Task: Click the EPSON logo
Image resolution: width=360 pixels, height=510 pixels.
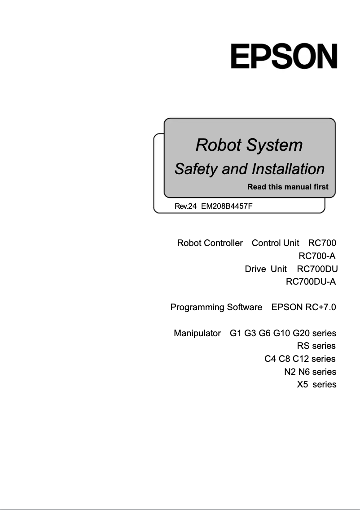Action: tap(284, 56)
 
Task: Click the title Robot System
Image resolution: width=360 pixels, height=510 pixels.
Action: tap(249, 145)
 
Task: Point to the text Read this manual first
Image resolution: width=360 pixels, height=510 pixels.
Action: tap(288, 187)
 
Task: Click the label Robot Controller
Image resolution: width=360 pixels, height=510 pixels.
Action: tap(210, 243)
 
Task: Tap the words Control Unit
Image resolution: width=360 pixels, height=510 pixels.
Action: tap(275, 243)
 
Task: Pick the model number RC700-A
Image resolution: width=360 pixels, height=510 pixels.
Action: tap(317, 256)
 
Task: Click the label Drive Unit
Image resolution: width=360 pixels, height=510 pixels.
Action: tap(265, 269)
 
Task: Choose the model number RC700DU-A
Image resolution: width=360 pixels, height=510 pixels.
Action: tap(311, 282)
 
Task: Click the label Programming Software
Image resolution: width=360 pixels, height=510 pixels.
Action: tap(216, 308)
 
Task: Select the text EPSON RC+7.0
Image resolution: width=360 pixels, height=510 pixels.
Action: tap(303, 308)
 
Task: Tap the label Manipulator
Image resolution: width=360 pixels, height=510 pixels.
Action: tap(197, 333)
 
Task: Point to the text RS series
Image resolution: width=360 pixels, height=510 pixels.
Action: tap(316, 346)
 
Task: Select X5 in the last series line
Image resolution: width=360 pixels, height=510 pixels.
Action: tap(302, 384)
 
